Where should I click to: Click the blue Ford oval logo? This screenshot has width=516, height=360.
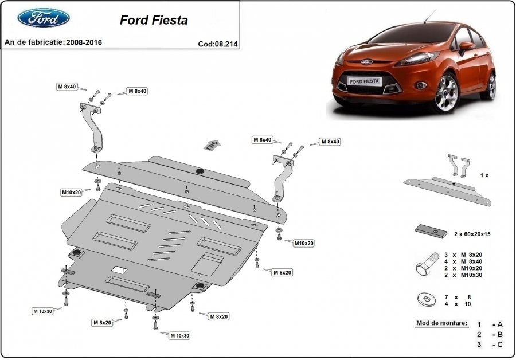coord(44,19)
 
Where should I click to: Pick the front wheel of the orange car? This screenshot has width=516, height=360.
coord(446,93)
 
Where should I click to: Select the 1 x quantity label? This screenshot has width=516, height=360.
coord(484,175)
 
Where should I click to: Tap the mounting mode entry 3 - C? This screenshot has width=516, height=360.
coord(490,344)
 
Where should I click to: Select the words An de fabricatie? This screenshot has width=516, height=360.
coord(34,43)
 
